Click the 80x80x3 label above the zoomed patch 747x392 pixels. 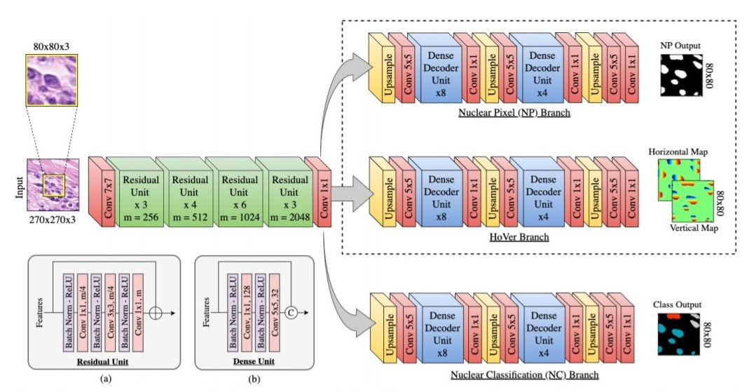52,47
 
